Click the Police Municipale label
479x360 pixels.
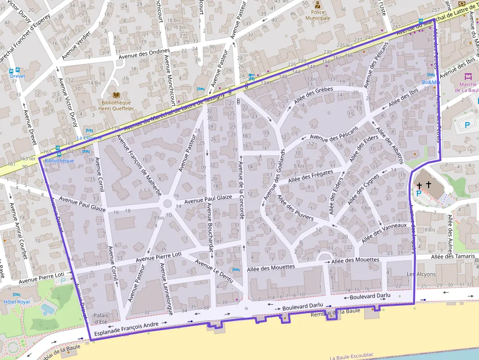pos(318,15)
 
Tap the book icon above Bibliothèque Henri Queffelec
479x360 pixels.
pos(116,95)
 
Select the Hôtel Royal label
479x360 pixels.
pos(17,302)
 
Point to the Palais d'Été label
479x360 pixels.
pos(101,318)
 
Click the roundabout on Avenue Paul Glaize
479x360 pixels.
pos(166,204)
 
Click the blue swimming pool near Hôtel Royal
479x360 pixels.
pos(48,309)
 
